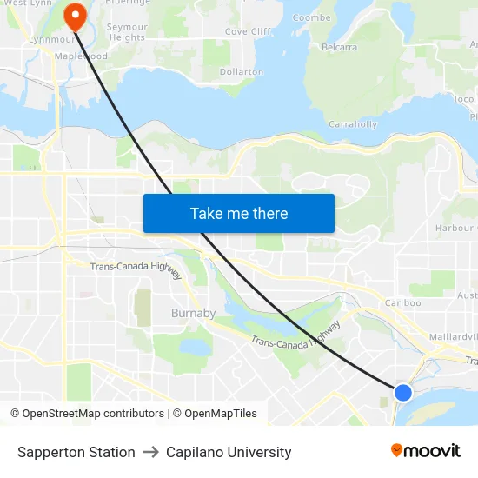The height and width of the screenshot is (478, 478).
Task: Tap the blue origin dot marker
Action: (403, 393)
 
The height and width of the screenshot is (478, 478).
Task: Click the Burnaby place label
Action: (193, 313)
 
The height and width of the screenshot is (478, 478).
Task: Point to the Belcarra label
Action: (339, 47)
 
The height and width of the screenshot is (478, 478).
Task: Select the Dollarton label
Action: (242, 72)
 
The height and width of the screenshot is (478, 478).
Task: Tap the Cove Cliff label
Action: (248, 31)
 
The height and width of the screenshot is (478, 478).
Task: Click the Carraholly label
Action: (353, 124)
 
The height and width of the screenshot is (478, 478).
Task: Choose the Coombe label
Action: (312, 17)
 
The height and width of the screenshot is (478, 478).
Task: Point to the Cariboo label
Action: (403, 303)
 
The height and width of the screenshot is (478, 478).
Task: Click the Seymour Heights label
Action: (126, 32)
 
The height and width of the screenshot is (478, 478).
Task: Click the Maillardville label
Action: (453, 336)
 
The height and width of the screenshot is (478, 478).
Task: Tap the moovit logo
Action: (425, 450)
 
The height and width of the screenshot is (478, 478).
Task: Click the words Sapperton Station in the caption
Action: (76, 452)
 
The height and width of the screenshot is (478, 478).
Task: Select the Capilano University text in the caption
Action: (229, 452)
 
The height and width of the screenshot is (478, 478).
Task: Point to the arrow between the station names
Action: (150, 452)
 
